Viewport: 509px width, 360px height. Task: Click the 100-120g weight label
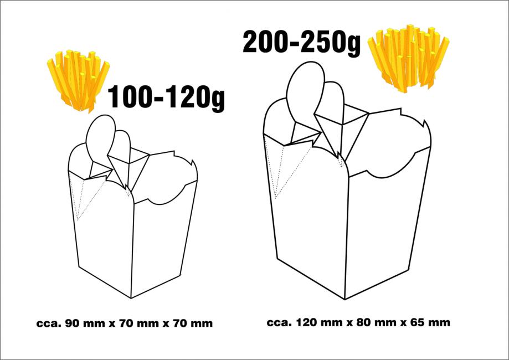[166, 96]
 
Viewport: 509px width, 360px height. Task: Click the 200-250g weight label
[301, 43]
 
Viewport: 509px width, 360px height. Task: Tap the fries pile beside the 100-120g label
[78, 80]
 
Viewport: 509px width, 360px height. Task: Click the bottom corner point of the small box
[131, 298]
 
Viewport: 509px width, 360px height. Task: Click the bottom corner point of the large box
[345, 299]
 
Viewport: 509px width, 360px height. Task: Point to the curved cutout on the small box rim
[166, 195]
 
